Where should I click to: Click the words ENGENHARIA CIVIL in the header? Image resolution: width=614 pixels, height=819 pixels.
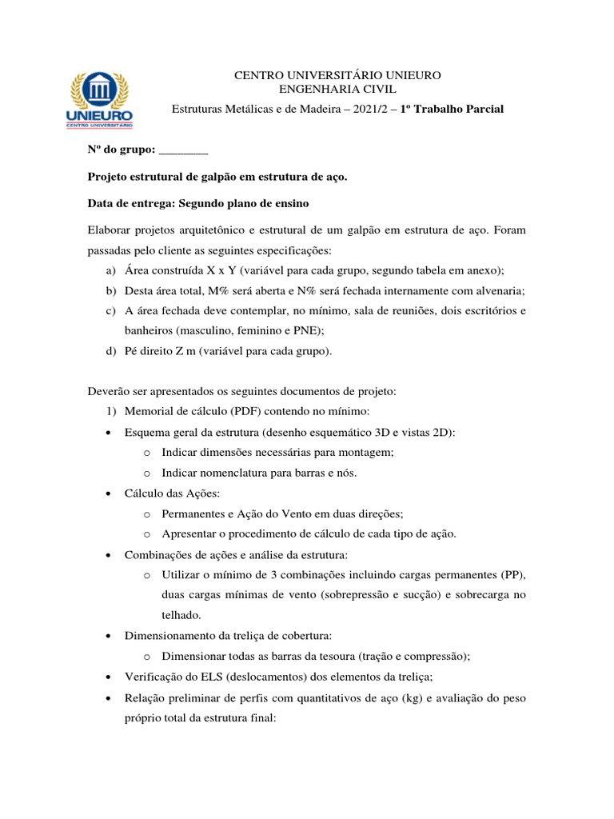pos(337,90)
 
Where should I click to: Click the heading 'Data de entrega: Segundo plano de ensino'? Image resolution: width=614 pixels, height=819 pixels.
pos(197,203)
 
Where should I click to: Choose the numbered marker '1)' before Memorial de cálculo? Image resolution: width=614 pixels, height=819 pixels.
pos(110,412)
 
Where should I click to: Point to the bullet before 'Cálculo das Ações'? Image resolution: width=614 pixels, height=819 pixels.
pos(108,494)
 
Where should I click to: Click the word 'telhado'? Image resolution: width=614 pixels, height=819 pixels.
pos(181,615)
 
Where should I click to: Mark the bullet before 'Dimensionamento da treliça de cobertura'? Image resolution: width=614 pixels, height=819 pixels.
pos(108,636)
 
